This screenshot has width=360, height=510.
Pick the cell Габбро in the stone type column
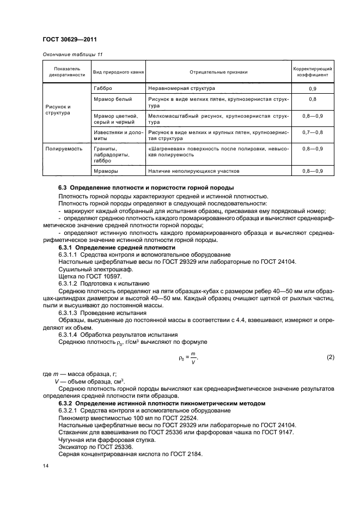pos(103,88)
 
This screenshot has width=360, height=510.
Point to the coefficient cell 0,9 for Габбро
pos(313,88)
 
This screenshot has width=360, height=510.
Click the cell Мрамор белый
pos(112,99)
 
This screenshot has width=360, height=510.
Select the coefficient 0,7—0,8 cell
pos(313,132)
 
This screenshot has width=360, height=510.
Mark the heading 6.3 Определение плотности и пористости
pos(146,187)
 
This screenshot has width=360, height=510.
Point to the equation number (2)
pos(330,357)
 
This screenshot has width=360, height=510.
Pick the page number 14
pos(46,466)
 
